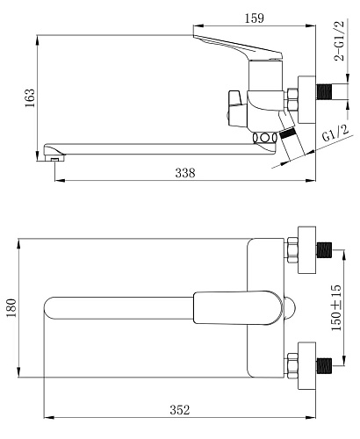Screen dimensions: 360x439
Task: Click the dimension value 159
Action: [x=254, y=18]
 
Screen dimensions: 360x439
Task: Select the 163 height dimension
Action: [x=30, y=97]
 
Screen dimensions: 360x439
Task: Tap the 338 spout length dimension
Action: [x=185, y=173]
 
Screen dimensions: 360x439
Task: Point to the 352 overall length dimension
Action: [x=180, y=410]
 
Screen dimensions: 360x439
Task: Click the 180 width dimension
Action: [x=11, y=308]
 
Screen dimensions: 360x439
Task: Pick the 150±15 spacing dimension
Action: [x=336, y=307]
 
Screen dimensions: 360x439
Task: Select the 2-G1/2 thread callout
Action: [x=340, y=41]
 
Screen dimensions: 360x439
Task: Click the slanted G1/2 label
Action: [x=335, y=133]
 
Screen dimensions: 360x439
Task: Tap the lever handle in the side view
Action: [x=238, y=47]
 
